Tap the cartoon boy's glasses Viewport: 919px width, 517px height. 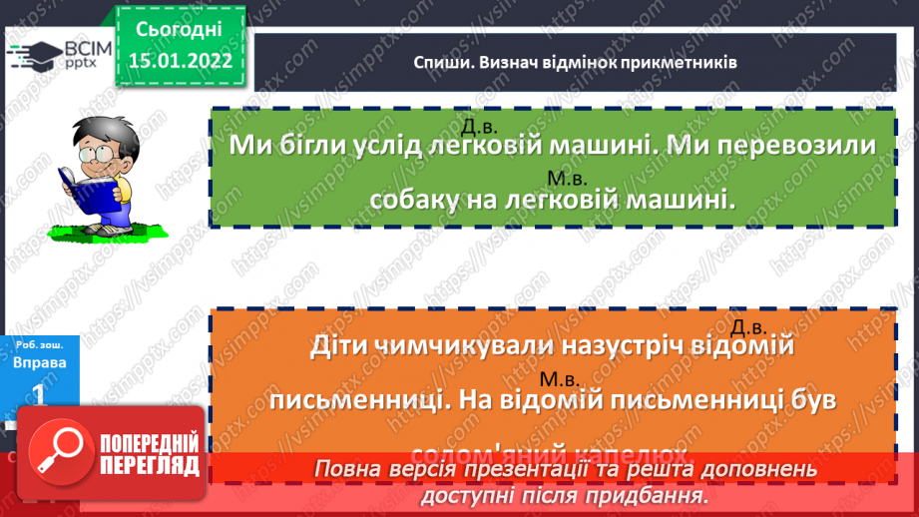coord(100,155)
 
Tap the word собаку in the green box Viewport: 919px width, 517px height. coord(417,200)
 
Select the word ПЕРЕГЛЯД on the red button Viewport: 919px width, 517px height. coord(150,465)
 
